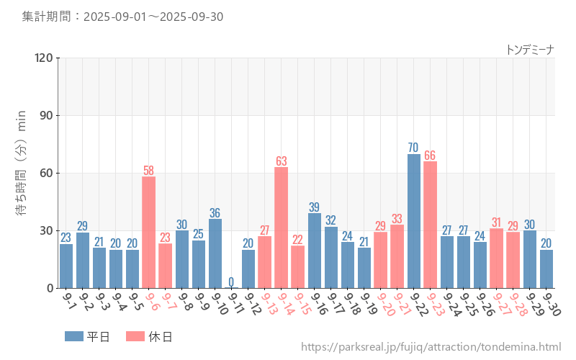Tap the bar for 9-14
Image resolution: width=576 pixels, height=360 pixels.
pyautogui.click(x=282, y=228)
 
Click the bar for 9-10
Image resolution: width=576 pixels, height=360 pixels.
pyautogui.click(x=215, y=253)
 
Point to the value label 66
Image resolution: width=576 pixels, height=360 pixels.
pyautogui.click(x=430, y=156)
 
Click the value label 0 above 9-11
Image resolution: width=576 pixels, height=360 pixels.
pyautogui.click(x=231, y=282)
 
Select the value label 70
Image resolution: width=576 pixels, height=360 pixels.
pyautogui.click(x=413, y=148)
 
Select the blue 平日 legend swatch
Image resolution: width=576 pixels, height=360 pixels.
pyautogui.click(x=74, y=336)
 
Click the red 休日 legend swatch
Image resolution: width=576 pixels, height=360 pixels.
pyautogui.click(x=135, y=336)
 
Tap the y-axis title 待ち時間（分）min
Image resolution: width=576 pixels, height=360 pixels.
pyautogui.click(x=21, y=173)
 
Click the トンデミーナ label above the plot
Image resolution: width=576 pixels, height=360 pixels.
pyautogui.click(x=530, y=49)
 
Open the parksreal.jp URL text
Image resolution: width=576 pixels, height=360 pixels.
pyautogui.click(x=431, y=348)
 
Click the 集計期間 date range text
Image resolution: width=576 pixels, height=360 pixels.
pyautogui.click(x=122, y=17)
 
